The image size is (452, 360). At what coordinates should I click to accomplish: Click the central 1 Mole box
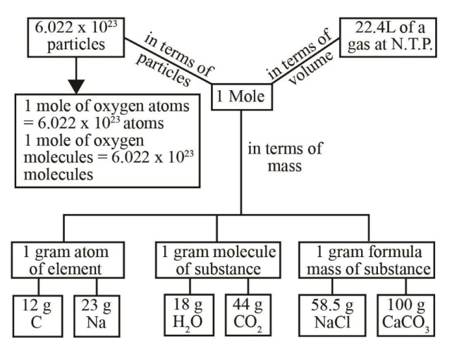[241, 98]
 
